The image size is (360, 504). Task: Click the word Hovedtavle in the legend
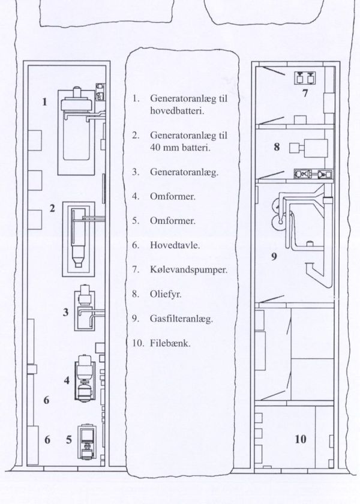coord(175,245)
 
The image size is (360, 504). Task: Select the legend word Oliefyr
coord(166,294)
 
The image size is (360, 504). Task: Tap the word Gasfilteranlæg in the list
coord(181,319)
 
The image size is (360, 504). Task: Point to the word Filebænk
coord(170,343)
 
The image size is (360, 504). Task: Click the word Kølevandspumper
coord(188,269)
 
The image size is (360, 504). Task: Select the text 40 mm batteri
coord(180,148)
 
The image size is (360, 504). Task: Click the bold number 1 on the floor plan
coord(44,102)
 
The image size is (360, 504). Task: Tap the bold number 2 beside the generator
coord(52,208)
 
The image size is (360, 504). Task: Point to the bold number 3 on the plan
coord(65,312)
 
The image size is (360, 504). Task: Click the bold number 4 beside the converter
coord(67,380)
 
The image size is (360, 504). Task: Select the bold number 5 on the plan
coord(69,439)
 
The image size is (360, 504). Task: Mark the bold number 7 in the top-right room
coord(305,93)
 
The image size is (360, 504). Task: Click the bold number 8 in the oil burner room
coord(277,147)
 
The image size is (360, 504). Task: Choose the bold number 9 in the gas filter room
coord(274,257)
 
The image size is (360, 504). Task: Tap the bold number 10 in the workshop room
coord(301,439)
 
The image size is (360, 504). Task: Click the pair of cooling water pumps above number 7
coord(305,78)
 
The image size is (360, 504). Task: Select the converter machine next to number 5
coord(87,442)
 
